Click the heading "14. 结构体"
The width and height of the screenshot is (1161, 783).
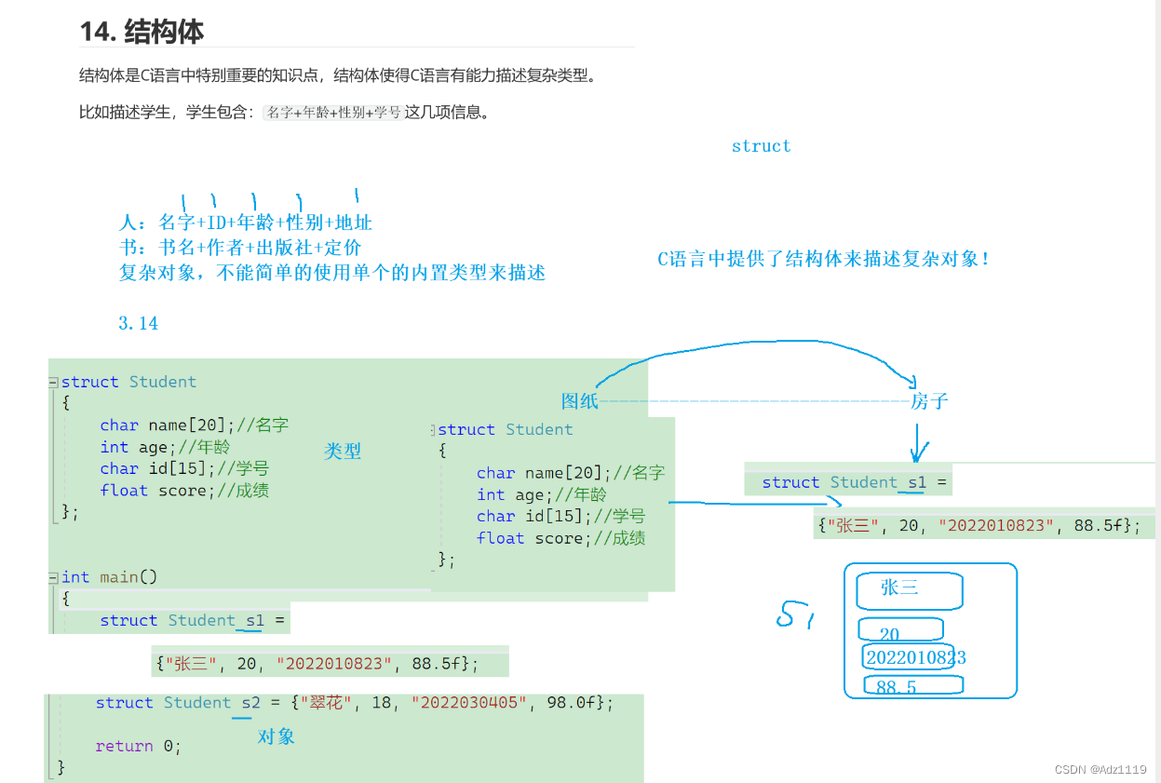pyautogui.click(x=142, y=32)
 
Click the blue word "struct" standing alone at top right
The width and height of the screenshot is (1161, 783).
pyautogui.click(x=761, y=146)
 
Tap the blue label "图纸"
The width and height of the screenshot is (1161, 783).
pyautogui.click(x=579, y=401)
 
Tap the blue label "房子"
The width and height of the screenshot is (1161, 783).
pyautogui.click(x=929, y=401)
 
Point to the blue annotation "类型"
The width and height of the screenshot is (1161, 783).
pyautogui.click(x=343, y=452)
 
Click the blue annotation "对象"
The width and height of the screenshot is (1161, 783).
pyautogui.click(x=277, y=736)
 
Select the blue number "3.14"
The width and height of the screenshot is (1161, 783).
pyautogui.click(x=139, y=323)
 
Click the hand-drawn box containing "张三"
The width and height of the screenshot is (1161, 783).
pyautogui.click(x=910, y=590)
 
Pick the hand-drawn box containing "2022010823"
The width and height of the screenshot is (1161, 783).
pyautogui.click(x=909, y=657)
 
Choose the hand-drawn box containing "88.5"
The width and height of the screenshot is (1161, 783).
pyautogui.click(x=912, y=686)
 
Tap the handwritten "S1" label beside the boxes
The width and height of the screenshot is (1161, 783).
pyautogui.click(x=797, y=614)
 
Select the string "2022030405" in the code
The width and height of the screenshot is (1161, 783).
pyautogui.click(x=467, y=703)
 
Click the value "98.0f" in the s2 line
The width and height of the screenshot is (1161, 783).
pyautogui.click(x=574, y=703)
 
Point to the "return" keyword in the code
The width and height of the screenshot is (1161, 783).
pyautogui.click(x=124, y=746)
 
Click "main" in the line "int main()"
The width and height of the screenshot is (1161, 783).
pyautogui.click(x=119, y=577)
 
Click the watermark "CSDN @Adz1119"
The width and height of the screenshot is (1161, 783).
pyautogui.click(x=1100, y=770)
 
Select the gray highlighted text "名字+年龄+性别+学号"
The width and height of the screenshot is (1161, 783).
pyautogui.click(x=333, y=113)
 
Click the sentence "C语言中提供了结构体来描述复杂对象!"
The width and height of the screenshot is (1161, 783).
pyautogui.click(x=824, y=260)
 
